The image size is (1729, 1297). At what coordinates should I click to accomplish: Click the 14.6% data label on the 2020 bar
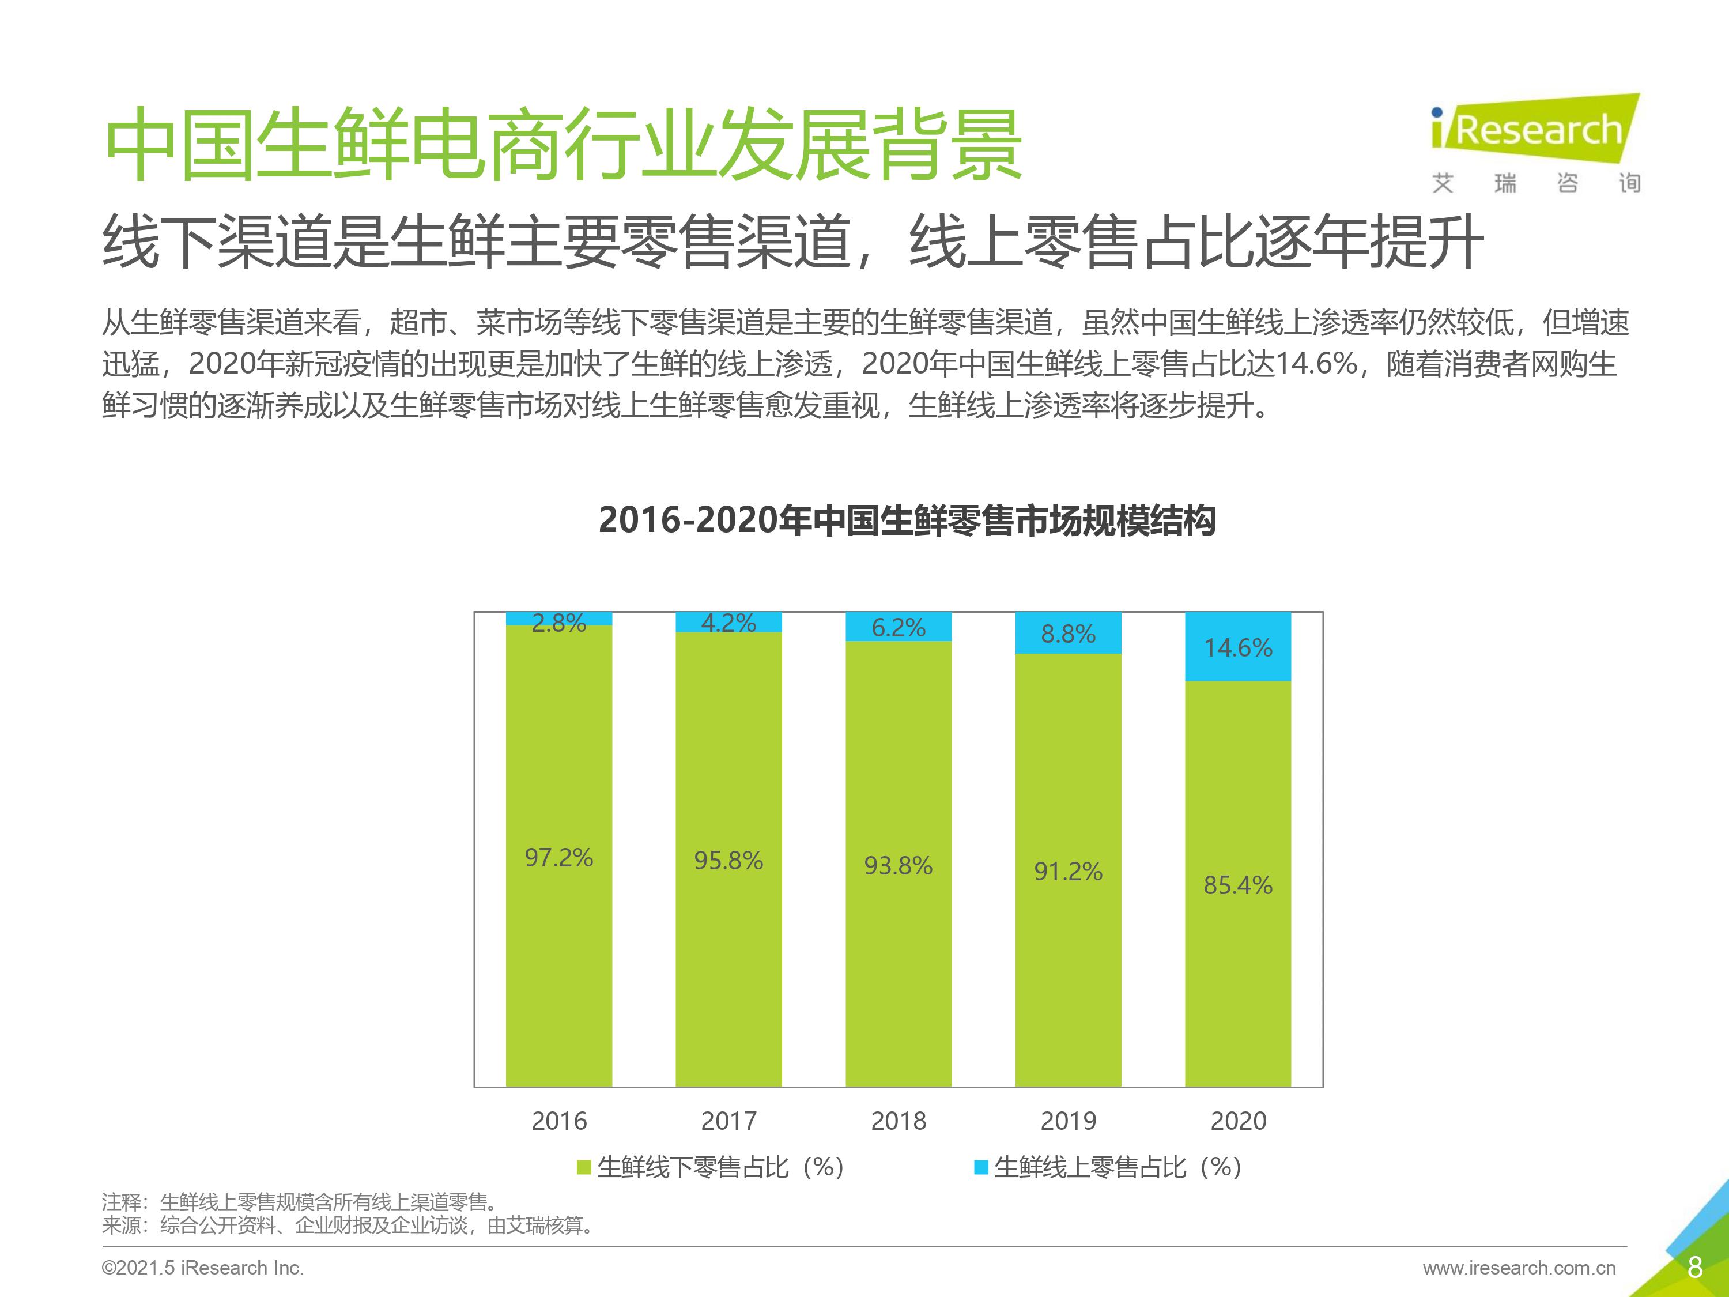(x=1237, y=647)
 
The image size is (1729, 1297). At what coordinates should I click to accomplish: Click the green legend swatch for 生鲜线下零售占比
(x=583, y=1167)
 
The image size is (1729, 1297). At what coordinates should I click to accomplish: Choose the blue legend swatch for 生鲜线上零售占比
(x=980, y=1167)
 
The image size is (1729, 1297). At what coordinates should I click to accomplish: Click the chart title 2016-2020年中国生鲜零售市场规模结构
(x=907, y=521)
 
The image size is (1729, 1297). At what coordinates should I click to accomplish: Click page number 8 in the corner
(x=1694, y=1267)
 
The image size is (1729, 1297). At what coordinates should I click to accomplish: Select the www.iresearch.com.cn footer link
(x=1519, y=1268)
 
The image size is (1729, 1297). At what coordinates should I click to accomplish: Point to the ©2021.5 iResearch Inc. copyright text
(x=202, y=1268)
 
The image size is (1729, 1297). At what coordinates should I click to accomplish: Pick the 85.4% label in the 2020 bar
(x=1237, y=885)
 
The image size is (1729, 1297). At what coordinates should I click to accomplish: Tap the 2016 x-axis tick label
(x=559, y=1121)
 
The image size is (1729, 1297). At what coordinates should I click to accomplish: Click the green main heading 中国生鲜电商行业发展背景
(x=563, y=145)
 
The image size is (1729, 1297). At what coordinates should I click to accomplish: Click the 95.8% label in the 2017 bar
(x=728, y=861)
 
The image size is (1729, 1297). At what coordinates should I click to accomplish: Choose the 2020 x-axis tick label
(x=1238, y=1121)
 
